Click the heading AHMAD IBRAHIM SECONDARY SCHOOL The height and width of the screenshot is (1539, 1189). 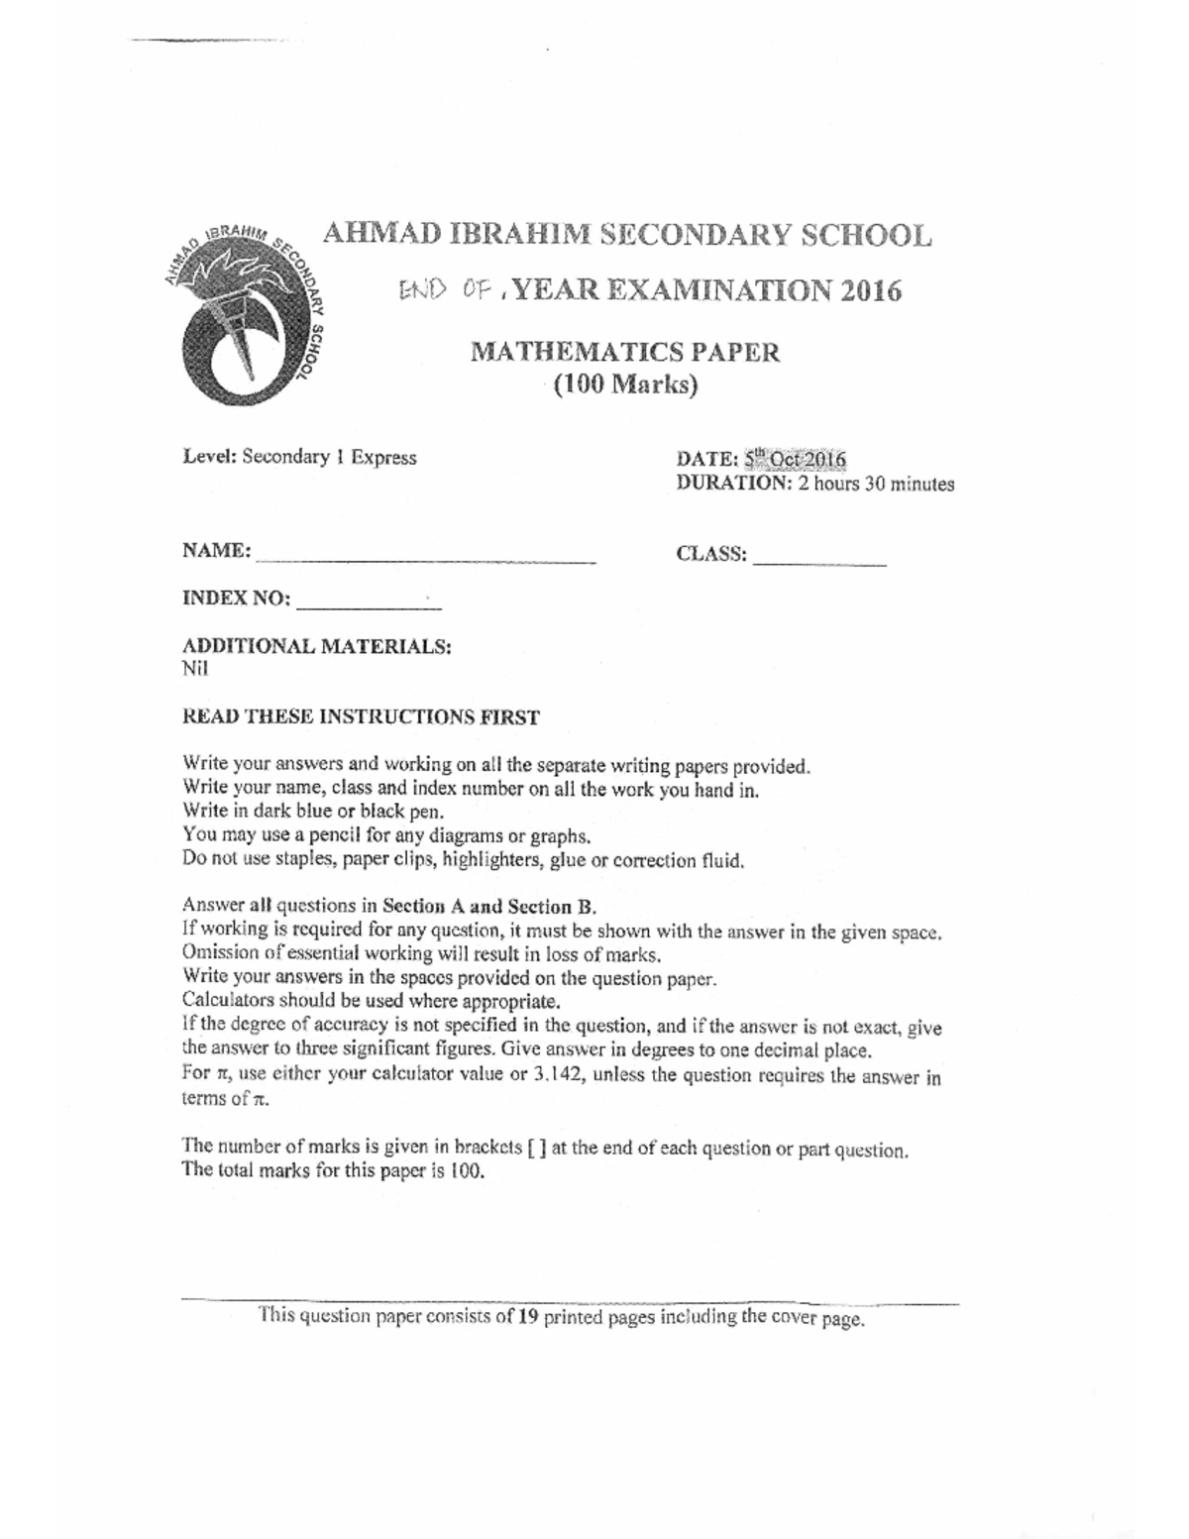click(x=627, y=236)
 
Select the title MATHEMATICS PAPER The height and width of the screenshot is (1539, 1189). click(x=624, y=352)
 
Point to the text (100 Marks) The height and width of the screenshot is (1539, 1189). click(x=625, y=385)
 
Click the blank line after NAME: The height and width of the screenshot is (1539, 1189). click(x=425, y=557)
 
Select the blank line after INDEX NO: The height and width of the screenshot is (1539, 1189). click(x=368, y=603)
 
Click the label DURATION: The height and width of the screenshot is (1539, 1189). click(x=733, y=484)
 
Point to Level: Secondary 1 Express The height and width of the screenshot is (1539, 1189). click(x=299, y=458)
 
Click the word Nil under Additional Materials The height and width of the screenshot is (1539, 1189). click(x=195, y=668)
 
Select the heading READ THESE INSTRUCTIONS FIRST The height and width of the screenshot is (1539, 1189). click(x=362, y=717)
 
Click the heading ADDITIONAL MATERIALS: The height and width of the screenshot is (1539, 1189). click(x=317, y=646)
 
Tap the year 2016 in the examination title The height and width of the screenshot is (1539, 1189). click(x=869, y=290)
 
